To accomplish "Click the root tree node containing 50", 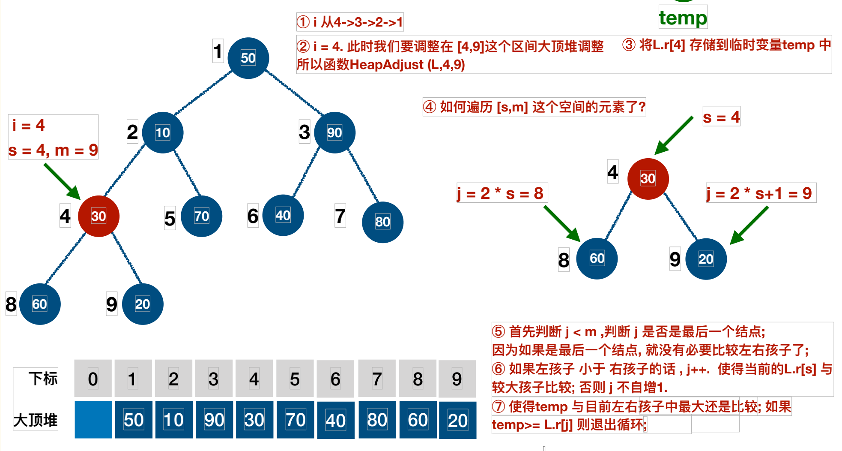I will tap(248, 58).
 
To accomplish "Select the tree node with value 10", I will tap(162, 132).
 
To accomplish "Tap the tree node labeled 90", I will tap(334, 132).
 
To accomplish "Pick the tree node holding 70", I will tap(201, 216).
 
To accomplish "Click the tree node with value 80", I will tap(382, 222).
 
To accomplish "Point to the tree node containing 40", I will tap(283, 215).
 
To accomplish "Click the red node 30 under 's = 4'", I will tap(648, 178).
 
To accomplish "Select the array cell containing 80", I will tap(377, 420).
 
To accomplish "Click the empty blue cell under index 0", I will tap(93, 420).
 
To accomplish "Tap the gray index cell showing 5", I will tap(295, 379).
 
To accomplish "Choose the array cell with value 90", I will tap(214, 420).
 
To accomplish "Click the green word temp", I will tap(683, 18).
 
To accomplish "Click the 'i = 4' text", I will tap(29, 125).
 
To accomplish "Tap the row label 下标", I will tap(43, 379).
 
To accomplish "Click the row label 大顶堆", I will tap(36, 420).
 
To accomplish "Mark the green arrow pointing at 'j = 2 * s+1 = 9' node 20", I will tap(749, 225).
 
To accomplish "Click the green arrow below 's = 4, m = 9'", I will tap(62, 181).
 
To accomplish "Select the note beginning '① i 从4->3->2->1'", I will tap(350, 22).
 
